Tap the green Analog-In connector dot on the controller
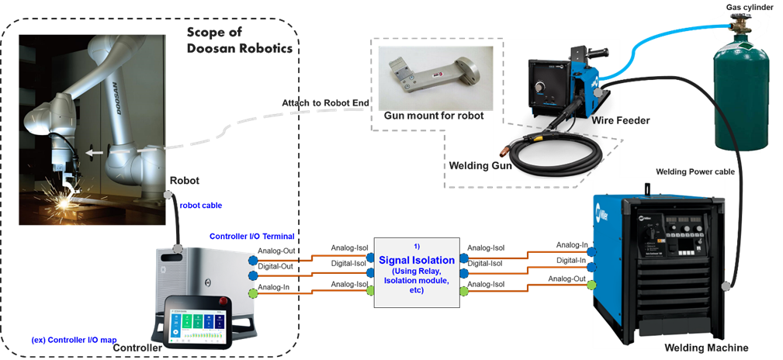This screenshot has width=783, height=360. pyautogui.click(x=251, y=293)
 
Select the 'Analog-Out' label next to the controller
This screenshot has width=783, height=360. pyautogui.click(x=276, y=251)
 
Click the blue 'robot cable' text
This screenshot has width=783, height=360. pyautogui.click(x=200, y=207)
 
